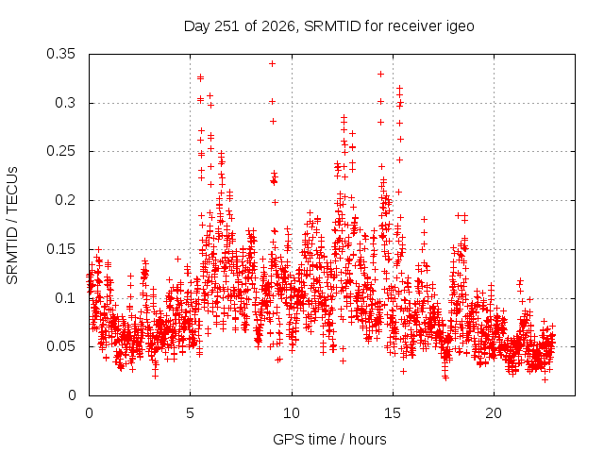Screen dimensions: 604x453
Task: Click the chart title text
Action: click(329, 26)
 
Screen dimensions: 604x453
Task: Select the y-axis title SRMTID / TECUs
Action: click(12, 226)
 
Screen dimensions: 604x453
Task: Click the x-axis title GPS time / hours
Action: click(329, 439)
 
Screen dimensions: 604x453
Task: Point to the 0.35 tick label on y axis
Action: click(60, 54)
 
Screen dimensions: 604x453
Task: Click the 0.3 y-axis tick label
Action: click(65, 103)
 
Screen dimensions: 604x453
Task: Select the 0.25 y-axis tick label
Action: click(60, 151)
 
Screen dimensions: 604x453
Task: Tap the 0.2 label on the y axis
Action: click(65, 200)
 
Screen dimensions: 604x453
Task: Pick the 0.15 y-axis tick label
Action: click(60, 249)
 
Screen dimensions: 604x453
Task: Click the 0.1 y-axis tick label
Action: click(65, 298)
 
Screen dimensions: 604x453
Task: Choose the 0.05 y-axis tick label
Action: click(60, 346)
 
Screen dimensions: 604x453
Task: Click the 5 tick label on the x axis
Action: click(190, 413)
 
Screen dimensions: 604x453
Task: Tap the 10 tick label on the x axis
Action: click(292, 413)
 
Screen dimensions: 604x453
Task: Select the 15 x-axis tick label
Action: click(393, 413)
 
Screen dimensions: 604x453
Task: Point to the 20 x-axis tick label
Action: click(494, 413)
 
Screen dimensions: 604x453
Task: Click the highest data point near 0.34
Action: click(273, 64)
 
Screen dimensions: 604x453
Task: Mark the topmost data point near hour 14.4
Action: click(380, 74)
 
